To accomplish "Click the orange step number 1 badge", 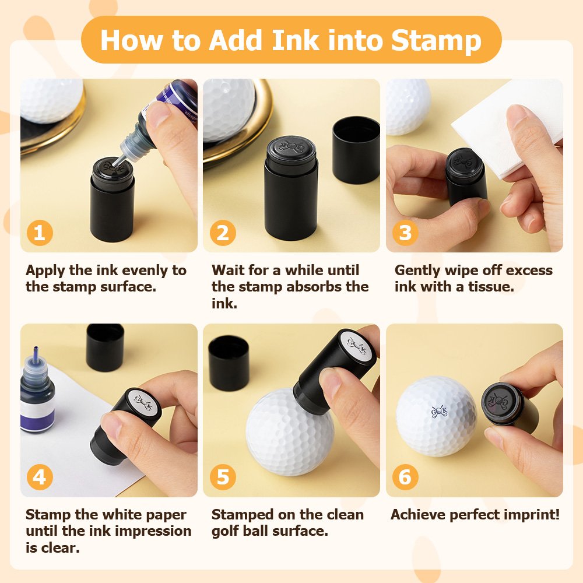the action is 40,233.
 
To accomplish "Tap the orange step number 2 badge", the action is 223,233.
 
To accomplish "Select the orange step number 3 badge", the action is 405,233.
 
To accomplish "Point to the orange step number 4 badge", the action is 40,477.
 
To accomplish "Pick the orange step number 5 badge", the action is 223,477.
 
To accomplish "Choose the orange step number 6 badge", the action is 405,477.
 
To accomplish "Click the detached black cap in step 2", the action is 356,150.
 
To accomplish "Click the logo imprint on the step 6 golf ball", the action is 439,411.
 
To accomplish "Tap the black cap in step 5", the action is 229,363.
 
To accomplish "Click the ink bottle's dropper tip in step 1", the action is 119,161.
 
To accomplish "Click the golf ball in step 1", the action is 52,100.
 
